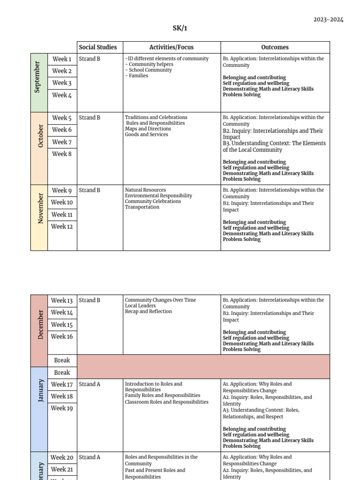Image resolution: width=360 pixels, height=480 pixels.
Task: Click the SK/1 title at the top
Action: coord(180,28)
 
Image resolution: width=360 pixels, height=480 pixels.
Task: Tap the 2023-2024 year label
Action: coord(328,20)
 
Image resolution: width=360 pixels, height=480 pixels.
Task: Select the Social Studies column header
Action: coord(97,47)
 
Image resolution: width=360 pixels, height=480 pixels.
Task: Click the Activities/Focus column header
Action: coord(171,47)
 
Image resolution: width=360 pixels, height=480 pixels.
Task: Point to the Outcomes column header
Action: coord(275,47)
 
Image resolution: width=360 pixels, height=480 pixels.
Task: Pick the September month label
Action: coord(39,77)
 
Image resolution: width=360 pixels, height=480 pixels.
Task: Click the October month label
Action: coord(40,136)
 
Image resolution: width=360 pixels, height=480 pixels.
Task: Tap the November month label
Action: coord(40,208)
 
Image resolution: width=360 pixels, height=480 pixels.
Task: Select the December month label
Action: coord(40,324)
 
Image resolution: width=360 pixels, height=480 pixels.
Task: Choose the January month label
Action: coord(40,391)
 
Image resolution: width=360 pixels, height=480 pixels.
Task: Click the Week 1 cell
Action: coord(62,59)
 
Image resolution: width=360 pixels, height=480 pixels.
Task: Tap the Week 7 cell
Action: coord(62,142)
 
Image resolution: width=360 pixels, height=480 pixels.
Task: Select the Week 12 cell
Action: coord(62,226)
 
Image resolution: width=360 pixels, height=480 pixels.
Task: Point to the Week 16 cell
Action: coord(62,337)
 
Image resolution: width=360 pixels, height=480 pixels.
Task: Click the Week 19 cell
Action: coord(62,408)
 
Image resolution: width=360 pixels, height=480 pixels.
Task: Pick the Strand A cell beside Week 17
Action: coord(90,384)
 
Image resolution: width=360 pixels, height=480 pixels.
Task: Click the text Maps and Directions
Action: coord(148,129)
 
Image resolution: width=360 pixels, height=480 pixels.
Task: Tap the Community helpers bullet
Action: coord(150,65)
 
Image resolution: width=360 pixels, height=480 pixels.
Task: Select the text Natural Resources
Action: coord(145,190)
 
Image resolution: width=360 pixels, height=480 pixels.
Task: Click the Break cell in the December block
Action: coord(62,360)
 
